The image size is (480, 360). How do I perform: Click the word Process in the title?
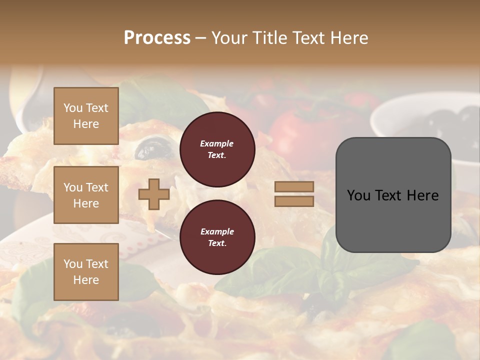[x=157, y=38]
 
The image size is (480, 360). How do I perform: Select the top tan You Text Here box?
[x=86, y=116]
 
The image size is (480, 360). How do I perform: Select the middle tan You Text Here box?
[x=86, y=195]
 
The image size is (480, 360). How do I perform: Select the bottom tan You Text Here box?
[x=86, y=271]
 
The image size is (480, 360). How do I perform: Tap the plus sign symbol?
[x=153, y=194]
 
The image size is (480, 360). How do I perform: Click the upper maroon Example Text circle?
[x=217, y=149]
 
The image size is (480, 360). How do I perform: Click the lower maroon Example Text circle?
[x=217, y=237]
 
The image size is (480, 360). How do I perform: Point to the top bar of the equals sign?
[x=294, y=187]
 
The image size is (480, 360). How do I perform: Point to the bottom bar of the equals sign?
[x=294, y=201]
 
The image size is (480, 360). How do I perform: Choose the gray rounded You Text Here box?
[x=393, y=195]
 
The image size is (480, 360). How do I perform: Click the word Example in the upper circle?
[x=217, y=143]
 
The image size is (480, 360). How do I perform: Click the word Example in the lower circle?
[x=217, y=231]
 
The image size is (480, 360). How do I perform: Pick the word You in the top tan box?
[x=73, y=108]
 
